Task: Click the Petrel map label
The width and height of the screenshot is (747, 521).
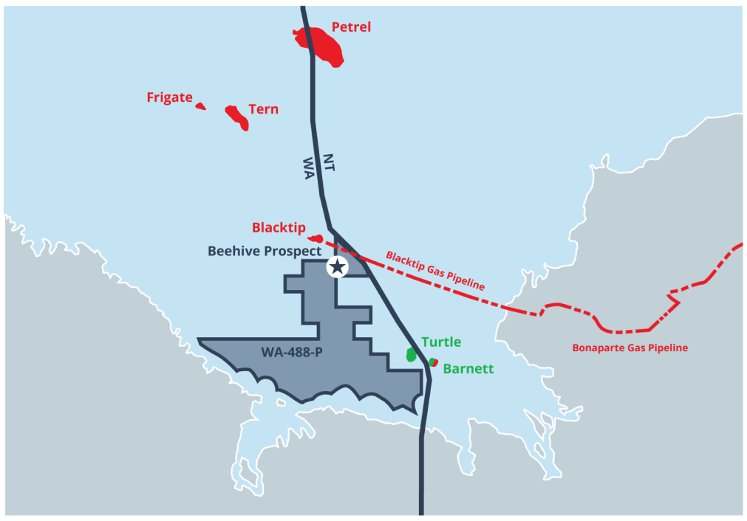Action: [351, 28]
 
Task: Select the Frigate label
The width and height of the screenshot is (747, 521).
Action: [169, 97]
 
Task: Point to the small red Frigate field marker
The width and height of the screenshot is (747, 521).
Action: [200, 106]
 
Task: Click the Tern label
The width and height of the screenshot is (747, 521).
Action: [263, 109]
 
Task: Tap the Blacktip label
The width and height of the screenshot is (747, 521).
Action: [279, 227]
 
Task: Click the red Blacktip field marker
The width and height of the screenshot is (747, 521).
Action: [315, 238]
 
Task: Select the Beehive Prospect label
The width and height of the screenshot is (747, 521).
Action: [265, 251]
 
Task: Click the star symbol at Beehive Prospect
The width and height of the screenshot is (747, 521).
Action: [338, 266]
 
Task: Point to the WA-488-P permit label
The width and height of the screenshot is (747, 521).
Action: [291, 352]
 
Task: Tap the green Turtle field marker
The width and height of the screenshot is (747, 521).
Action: [412, 354]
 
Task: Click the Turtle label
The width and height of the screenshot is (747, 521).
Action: [441, 342]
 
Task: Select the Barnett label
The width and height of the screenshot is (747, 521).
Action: [468, 368]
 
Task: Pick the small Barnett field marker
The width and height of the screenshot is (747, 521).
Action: [434, 362]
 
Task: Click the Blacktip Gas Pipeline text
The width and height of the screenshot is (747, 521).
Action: [435, 270]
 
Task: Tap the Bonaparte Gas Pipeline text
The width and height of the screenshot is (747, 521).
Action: [630, 347]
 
